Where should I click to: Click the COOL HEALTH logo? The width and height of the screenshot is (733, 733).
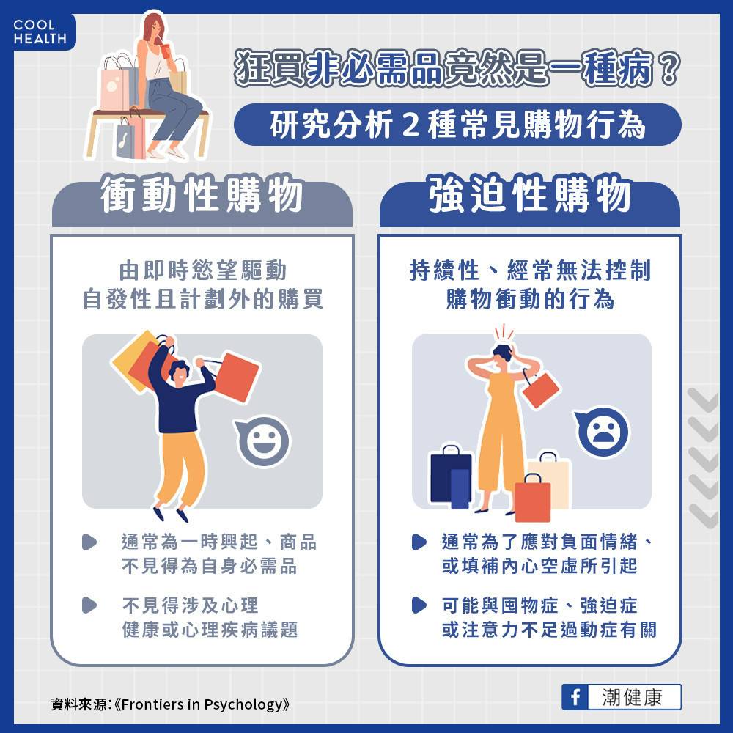pyautogui.click(x=40, y=32)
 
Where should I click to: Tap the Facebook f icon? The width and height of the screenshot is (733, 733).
pyautogui.click(x=575, y=697)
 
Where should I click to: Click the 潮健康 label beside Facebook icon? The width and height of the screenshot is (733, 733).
pyautogui.click(x=632, y=697)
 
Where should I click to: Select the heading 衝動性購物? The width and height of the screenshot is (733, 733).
pyautogui.click(x=202, y=194)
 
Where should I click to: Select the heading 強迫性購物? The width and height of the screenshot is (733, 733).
pyautogui.click(x=530, y=194)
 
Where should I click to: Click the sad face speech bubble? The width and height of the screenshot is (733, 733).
pyautogui.click(x=602, y=432)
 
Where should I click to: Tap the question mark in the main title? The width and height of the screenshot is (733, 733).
pyautogui.click(x=668, y=68)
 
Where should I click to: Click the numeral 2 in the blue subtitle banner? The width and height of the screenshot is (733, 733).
pyautogui.click(x=410, y=125)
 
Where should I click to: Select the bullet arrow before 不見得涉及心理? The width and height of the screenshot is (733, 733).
pyautogui.click(x=89, y=605)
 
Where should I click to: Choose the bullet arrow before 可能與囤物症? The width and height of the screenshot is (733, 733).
pyautogui.click(x=419, y=605)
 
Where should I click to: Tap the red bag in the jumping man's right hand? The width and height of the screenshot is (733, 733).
pyautogui.click(x=236, y=377)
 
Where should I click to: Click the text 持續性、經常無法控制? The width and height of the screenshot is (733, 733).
pyautogui.click(x=530, y=270)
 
